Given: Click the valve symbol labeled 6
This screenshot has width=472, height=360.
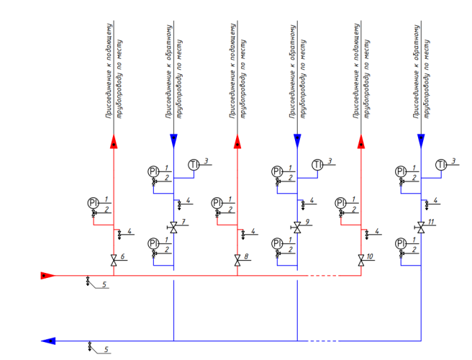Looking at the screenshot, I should pyautogui.click(x=114, y=259).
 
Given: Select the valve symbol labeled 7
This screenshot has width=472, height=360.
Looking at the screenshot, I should pyautogui.click(x=173, y=226).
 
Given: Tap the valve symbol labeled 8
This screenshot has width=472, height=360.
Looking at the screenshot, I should pyautogui.click(x=237, y=259).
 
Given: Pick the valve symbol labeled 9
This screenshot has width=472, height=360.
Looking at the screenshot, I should pyautogui.click(x=296, y=226).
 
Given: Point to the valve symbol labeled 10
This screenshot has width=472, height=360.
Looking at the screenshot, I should pyautogui.click(x=360, y=259).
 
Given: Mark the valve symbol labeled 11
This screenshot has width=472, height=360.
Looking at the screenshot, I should pyautogui.click(x=420, y=226).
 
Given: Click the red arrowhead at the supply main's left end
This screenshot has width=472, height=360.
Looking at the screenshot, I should pyautogui.click(x=46, y=275).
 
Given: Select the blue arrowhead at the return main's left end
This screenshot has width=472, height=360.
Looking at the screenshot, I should pyautogui.click(x=48, y=341).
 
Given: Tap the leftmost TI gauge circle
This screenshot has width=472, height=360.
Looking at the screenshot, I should pyautogui.click(x=194, y=165).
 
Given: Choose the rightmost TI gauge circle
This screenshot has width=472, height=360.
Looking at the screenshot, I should pyautogui.click(x=441, y=165).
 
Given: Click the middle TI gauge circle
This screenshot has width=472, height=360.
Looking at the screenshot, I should pyautogui.click(x=317, y=165).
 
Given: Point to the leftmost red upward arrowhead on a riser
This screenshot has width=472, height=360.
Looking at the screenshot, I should pyautogui.click(x=114, y=142).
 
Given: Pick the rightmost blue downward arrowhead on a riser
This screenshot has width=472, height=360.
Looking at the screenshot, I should pyautogui.click(x=420, y=140).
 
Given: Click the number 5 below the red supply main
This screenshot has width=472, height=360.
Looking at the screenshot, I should pyautogui.click(x=104, y=286).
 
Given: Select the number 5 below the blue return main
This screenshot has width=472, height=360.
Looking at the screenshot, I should pyautogui.click(x=106, y=350).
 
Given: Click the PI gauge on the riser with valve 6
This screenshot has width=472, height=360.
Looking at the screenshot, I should pyautogui.click(x=92, y=202).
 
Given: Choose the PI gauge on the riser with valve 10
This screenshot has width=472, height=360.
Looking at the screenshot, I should pyautogui.click(x=339, y=202).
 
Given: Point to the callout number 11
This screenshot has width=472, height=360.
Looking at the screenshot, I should pyautogui.click(x=432, y=222).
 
